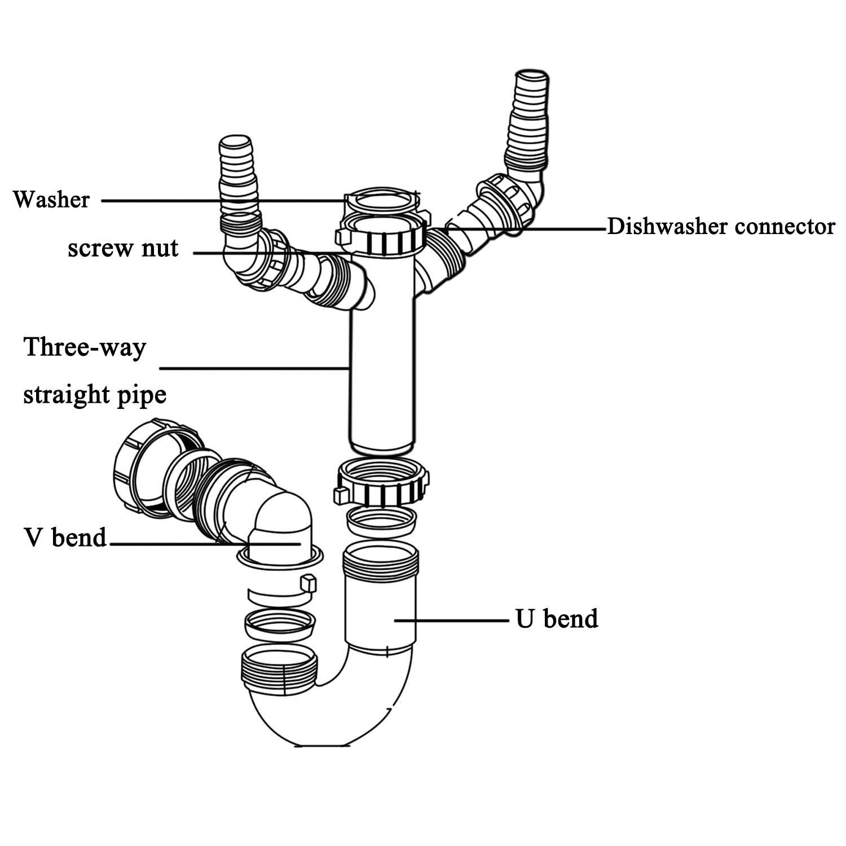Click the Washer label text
(x=51, y=200)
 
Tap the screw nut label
(x=122, y=248)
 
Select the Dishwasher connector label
(x=720, y=227)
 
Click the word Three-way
(x=85, y=346)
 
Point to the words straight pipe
(x=95, y=394)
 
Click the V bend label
(x=65, y=537)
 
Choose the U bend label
(x=556, y=619)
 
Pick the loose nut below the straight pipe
(x=382, y=482)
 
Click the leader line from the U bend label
(x=451, y=619)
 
